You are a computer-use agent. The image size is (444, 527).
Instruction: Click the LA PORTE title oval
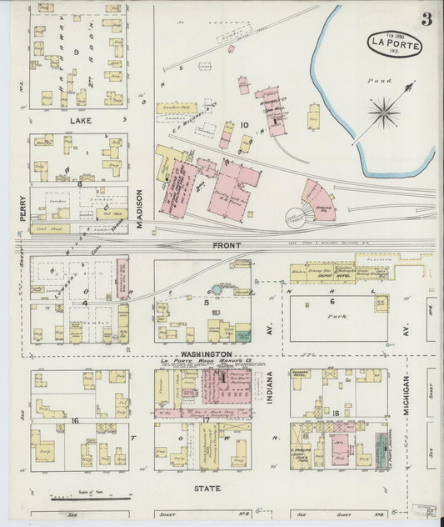pos(394,43)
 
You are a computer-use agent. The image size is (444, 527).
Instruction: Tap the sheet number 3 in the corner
pos(426,19)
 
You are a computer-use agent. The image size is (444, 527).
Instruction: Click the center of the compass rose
pos(384,108)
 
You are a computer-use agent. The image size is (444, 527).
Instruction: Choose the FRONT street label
pos(226,246)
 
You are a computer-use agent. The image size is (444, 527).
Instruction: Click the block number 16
pos(76,422)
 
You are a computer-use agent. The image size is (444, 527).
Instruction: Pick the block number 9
pos(77,52)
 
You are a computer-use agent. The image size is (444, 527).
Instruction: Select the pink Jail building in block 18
pos(340,449)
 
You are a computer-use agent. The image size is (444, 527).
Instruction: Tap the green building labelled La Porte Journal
pos(380,450)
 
